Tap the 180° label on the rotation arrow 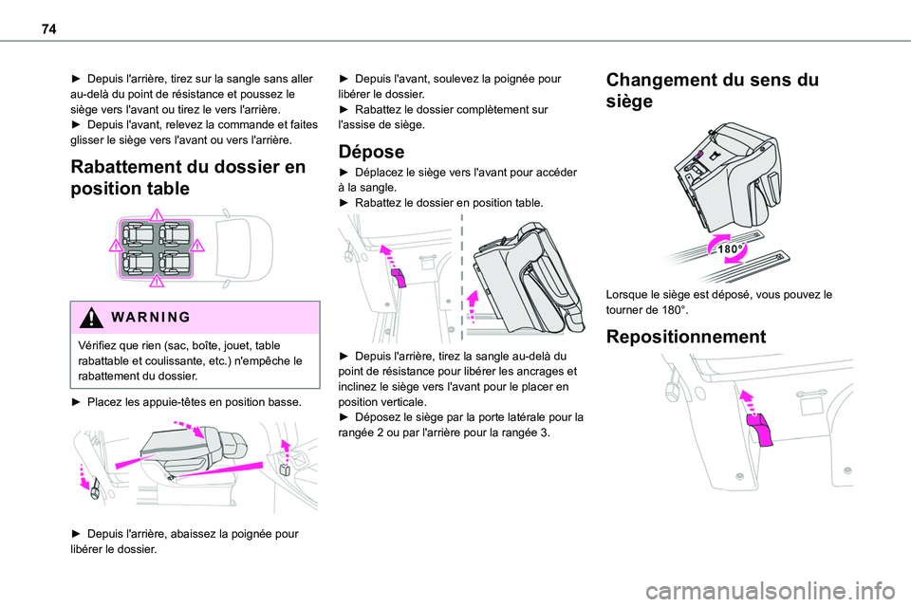coord(728,248)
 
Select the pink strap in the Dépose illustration coord(399,277)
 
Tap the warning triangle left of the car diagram coord(114,246)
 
